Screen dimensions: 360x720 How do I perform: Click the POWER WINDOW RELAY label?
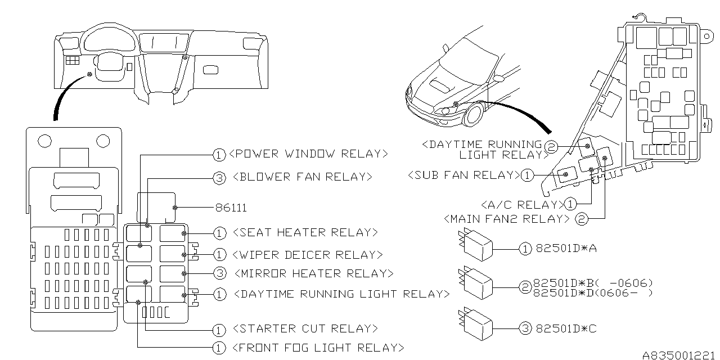[309, 154]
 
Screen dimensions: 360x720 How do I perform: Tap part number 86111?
[231, 208]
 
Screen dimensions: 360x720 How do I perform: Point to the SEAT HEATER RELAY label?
[304, 232]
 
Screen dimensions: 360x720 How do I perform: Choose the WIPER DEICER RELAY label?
[307, 255]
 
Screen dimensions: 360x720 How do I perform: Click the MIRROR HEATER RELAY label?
[312, 273]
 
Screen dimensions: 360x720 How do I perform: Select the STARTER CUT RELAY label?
[304, 328]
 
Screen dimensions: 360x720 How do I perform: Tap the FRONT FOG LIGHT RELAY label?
[317, 348]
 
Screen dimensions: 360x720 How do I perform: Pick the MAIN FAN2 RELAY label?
[506, 218]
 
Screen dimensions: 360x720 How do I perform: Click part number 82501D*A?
[566, 248]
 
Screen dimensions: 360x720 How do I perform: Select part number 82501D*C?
[566, 328]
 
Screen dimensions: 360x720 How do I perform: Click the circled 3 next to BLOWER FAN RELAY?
[219, 178]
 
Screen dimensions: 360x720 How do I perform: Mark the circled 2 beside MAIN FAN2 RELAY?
[582, 219]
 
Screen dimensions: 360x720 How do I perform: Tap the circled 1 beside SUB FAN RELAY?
[526, 175]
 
